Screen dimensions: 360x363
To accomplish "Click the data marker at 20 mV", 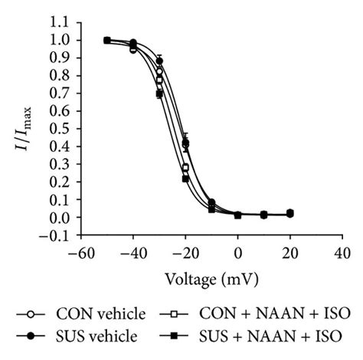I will click(289, 213).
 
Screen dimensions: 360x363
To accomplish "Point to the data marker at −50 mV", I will click(107, 41).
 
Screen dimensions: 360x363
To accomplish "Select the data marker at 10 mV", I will click(263, 214).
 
